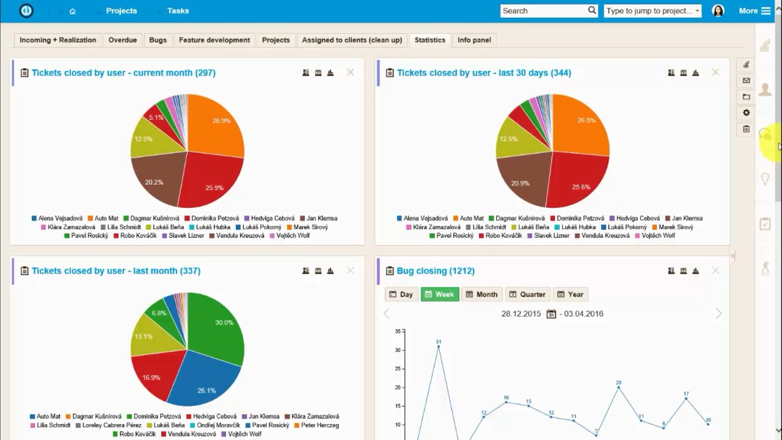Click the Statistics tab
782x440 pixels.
[x=429, y=40]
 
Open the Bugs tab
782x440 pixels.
[x=158, y=40]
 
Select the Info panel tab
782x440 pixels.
[x=474, y=40]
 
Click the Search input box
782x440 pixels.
[x=544, y=10]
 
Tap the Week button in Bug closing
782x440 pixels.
[x=439, y=294]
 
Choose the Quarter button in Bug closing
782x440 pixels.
[x=527, y=294]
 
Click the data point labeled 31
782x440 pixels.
[x=439, y=346]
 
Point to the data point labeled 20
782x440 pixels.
[x=618, y=387]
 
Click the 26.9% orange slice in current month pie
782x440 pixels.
[x=217, y=125]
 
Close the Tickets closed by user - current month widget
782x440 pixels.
[x=350, y=72]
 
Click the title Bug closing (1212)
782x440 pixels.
[x=436, y=271]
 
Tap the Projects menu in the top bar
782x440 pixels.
[x=121, y=10]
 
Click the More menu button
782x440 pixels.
[x=755, y=10]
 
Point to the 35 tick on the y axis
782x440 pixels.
[x=397, y=332]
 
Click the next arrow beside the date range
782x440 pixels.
[x=718, y=313]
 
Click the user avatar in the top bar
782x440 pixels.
[x=718, y=10]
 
